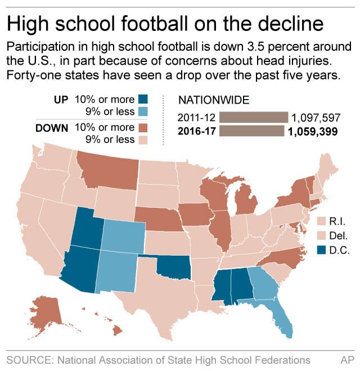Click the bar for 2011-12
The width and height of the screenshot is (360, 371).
click(x=253, y=117)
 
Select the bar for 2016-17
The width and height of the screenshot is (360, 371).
click(x=251, y=131)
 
